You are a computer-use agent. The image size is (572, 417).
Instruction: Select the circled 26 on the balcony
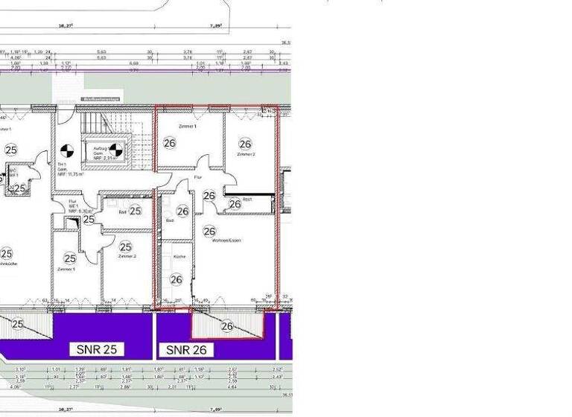(227, 326)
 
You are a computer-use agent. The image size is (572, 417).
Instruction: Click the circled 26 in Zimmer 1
(170, 143)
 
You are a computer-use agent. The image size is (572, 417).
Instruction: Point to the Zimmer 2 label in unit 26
(246, 154)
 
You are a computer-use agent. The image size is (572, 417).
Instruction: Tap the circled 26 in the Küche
(176, 279)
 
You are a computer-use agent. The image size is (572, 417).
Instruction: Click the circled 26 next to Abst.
(235, 203)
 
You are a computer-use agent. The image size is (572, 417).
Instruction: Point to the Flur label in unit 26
(198, 178)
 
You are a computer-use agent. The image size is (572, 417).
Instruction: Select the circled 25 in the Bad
(135, 211)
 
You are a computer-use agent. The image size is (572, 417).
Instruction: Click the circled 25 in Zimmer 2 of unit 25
(125, 246)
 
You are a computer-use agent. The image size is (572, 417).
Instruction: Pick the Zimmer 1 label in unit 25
(66, 269)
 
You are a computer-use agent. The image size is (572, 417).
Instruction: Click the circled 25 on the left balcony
(18, 323)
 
